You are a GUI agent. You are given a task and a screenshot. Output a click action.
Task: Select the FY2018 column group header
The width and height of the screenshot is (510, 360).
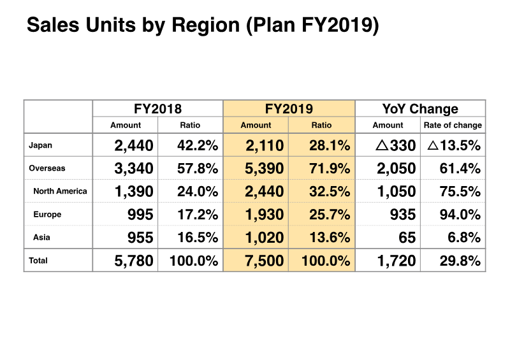(x=157, y=109)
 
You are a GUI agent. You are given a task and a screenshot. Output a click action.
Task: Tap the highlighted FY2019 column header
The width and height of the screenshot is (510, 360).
(x=289, y=109)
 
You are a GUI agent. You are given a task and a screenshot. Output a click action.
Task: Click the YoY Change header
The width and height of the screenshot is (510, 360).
(x=420, y=109)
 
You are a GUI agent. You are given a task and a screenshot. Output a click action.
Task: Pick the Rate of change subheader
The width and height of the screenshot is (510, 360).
(x=453, y=126)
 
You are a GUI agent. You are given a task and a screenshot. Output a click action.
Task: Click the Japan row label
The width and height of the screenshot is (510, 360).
(x=41, y=145)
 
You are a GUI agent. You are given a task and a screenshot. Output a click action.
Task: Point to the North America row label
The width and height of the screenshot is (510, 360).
(x=60, y=191)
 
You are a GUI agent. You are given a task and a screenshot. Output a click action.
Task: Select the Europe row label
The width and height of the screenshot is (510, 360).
(x=47, y=215)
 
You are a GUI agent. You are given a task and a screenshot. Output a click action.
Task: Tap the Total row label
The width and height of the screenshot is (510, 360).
(x=38, y=261)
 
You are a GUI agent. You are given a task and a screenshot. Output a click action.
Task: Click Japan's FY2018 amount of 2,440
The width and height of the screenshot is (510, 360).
(x=134, y=146)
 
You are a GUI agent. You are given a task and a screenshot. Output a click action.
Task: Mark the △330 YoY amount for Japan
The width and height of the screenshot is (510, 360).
(x=396, y=146)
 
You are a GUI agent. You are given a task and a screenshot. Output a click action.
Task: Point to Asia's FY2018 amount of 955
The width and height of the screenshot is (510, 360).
(x=140, y=238)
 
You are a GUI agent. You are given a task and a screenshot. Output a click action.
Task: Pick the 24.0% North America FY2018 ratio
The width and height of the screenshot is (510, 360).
(x=198, y=192)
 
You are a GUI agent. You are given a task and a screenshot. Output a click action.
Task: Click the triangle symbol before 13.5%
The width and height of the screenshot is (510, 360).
(x=432, y=146)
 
